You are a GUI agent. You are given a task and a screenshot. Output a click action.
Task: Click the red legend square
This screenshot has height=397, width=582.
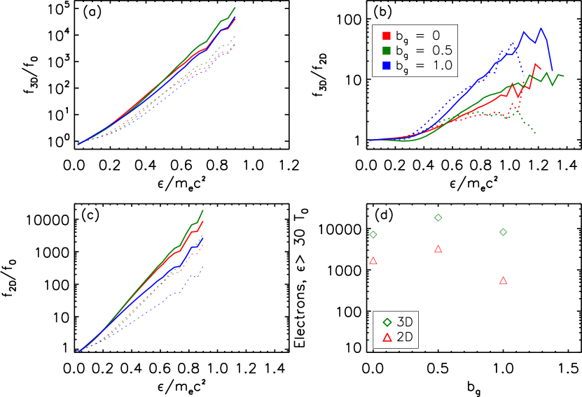coord(387,36)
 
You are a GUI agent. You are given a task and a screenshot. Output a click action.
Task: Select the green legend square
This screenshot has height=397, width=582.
coord(387,50)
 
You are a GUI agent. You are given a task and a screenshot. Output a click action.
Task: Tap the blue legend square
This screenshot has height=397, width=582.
coord(387,65)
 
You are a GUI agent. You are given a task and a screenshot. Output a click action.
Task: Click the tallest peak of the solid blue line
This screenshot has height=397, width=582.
coord(541,29)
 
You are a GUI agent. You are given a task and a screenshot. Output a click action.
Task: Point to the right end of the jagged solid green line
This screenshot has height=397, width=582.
coord(564,76)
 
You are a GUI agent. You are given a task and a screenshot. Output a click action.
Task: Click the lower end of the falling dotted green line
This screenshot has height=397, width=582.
coord(536,133)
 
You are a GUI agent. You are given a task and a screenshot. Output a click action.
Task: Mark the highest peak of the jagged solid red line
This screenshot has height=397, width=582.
coord(536,64)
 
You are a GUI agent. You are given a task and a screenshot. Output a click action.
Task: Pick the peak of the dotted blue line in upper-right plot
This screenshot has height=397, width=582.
coord(514,43)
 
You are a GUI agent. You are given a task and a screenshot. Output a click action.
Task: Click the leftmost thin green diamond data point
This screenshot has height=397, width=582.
coord(373,235)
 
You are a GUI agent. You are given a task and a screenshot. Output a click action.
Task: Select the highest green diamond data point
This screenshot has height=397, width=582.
coord(438,218)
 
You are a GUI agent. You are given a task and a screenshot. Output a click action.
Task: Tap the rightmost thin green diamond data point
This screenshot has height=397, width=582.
coord(503,232)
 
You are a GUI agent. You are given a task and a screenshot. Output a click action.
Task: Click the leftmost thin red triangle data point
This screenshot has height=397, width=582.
coord(373,261)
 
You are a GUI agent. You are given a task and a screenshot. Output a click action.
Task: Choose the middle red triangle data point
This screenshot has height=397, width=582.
coord(438,249)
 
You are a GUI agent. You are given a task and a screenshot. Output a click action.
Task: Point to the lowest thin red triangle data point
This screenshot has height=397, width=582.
coord(503,281)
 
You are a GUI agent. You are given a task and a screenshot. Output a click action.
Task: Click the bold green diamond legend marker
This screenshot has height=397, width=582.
coord(387,322)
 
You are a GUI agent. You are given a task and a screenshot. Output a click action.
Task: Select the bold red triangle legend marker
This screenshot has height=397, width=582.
coord(387,338)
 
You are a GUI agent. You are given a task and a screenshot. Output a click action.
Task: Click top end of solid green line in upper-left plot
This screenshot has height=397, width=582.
coord(235,8)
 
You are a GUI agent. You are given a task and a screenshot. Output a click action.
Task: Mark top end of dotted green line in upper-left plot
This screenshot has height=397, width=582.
coord(235,36)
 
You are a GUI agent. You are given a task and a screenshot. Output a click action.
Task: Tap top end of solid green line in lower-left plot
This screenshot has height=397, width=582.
coord(203,210)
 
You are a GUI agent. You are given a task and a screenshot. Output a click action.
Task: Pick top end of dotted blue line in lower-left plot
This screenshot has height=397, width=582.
coord(203,266)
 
